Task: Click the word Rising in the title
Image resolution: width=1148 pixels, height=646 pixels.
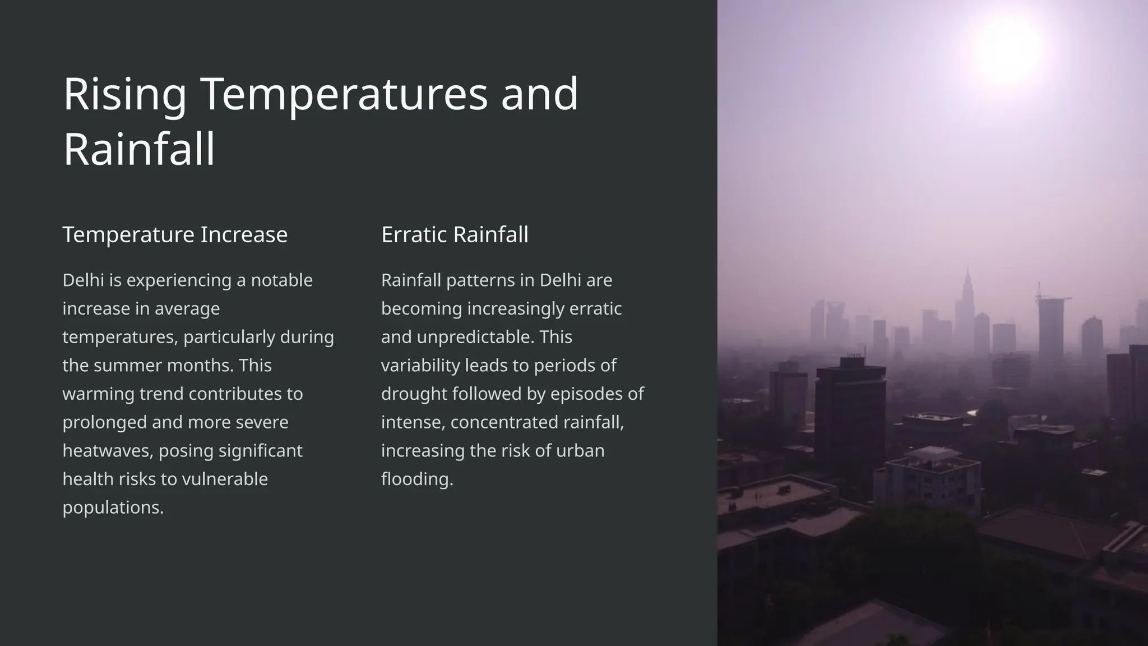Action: coord(124,94)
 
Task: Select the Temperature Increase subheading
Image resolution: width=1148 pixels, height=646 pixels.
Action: coord(175,234)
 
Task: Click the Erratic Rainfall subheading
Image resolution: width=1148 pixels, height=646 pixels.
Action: coord(455,234)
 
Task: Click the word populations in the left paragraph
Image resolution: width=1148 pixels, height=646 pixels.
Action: coord(113,507)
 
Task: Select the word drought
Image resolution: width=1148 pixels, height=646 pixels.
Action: coord(414,394)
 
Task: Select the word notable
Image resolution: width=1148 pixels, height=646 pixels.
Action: coord(281,280)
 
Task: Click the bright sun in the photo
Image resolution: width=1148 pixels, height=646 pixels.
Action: coord(1007,49)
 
